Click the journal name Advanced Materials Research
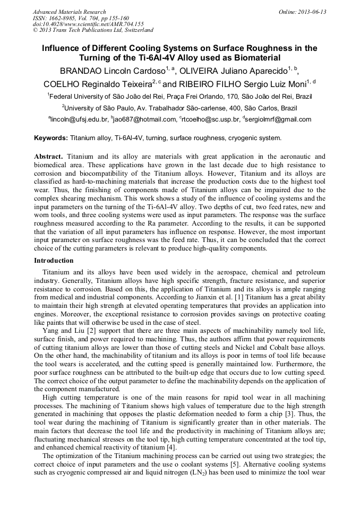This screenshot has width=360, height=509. click(69, 12)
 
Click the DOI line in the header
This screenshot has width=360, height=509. click(88, 24)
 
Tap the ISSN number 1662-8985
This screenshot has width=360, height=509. click(64, 18)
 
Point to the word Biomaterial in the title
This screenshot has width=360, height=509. click(254, 57)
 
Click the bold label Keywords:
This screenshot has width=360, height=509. click(51, 138)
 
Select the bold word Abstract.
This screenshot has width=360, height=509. click(48, 157)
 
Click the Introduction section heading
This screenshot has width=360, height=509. click(54, 261)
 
